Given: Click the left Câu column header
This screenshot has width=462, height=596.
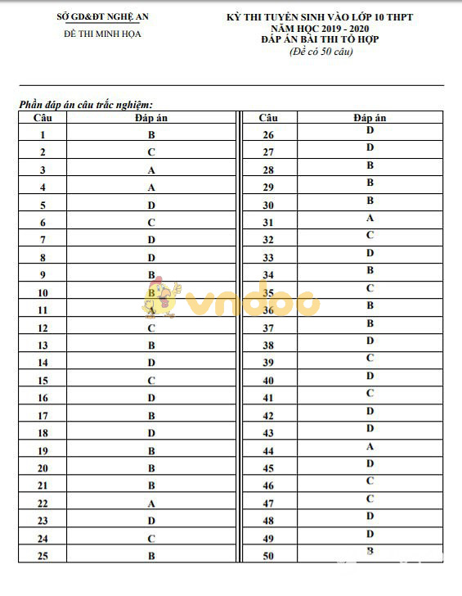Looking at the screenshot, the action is [x=43, y=117].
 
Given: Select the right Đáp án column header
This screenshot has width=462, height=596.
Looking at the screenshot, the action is [x=370, y=117].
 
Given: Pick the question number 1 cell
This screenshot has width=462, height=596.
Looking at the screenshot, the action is [x=43, y=135].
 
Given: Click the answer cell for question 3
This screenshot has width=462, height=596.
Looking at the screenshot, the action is [x=151, y=170].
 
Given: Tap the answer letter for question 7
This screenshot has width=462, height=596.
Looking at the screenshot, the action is [x=151, y=240].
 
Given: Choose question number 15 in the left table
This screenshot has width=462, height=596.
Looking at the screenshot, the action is [x=43, y=381].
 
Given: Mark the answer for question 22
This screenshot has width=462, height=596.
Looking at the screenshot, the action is [x=151, y=503].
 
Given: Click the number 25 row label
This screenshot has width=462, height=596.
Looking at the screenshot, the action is [x=43, y=557].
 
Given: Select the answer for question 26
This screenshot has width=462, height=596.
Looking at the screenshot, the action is [x=370, y=130].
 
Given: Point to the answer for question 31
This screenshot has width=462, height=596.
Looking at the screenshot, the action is [x=370, y=218].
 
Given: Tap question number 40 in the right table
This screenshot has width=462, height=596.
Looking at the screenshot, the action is [x=268, y=381].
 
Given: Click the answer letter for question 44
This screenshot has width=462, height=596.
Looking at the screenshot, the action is [x=370, y=446].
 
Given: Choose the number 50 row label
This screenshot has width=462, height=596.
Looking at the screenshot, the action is [x=268, y=557].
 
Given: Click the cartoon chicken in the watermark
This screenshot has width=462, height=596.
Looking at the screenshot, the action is [x=166, y=300].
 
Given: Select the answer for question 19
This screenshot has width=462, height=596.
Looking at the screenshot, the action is [x=151, y=451].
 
